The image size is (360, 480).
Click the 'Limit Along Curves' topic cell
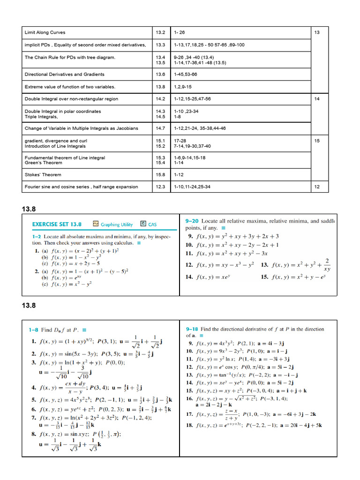[x=45, y=32]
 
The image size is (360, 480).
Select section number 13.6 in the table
[x=161, y=74]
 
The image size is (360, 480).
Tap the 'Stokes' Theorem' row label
[x=43, y=174]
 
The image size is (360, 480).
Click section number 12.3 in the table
[x=161, y=187]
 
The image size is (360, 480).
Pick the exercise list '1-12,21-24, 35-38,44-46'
[x=199, y=128]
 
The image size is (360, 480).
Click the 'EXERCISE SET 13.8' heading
[x=57, y=224]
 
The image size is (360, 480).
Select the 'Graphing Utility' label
[x=117, y=225]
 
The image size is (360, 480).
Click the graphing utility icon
[x=96, y=224]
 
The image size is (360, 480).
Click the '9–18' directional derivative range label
[x=193, y=329]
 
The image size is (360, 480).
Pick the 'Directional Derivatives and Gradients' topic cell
[x=65, y=74]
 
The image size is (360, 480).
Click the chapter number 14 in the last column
[x=317, y=99]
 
